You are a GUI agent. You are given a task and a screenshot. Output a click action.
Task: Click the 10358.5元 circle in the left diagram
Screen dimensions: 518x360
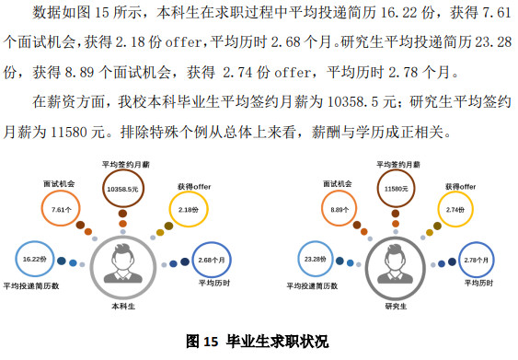coord(121,188)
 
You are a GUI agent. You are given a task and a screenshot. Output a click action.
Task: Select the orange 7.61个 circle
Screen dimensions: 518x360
coord(62,209)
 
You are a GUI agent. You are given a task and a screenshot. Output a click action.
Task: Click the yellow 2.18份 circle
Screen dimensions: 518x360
coord(188,210)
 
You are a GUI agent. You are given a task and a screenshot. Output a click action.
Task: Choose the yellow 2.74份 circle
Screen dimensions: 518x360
coord(455,210)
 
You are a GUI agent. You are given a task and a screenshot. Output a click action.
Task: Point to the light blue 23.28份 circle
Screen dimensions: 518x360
coord(314,260)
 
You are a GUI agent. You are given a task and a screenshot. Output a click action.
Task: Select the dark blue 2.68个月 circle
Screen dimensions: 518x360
coord(213,259)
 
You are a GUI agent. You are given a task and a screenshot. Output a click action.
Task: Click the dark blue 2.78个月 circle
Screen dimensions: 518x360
coord(477,260)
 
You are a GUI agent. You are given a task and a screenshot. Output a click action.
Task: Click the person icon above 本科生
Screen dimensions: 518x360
coord(123,265)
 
